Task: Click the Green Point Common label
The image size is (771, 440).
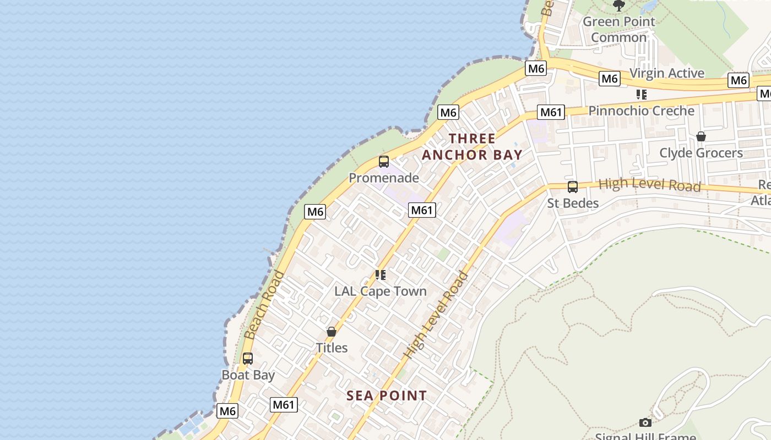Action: (619, 30)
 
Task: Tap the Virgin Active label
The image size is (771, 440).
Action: (666, 73)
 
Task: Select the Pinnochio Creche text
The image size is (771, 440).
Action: (641, 111)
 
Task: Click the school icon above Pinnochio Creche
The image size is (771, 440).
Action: (642, 95)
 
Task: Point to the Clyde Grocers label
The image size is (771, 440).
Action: (701, 153)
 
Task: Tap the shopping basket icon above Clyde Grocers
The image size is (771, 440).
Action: (701, 136)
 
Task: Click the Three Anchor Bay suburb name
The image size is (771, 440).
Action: (472, 146)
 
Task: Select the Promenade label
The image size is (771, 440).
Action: (384, 178)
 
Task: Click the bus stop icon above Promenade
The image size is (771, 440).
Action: (384, 162)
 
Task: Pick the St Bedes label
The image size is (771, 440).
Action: (573, 203)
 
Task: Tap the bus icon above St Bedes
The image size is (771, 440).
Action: (573, 187)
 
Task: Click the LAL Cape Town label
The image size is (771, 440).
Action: (381, 291)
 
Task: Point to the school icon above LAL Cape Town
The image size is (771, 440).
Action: (381, 274)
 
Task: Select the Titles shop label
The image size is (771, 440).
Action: (332, 348)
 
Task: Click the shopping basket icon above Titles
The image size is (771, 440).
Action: (332, 332)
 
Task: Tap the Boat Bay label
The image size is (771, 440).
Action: (248, 375)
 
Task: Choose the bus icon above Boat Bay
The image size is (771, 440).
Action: (248, 359)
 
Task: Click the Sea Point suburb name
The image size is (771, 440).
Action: (387, 395)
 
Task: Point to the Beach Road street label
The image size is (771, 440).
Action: (265, 305)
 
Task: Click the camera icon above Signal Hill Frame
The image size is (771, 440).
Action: (645, 422)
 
